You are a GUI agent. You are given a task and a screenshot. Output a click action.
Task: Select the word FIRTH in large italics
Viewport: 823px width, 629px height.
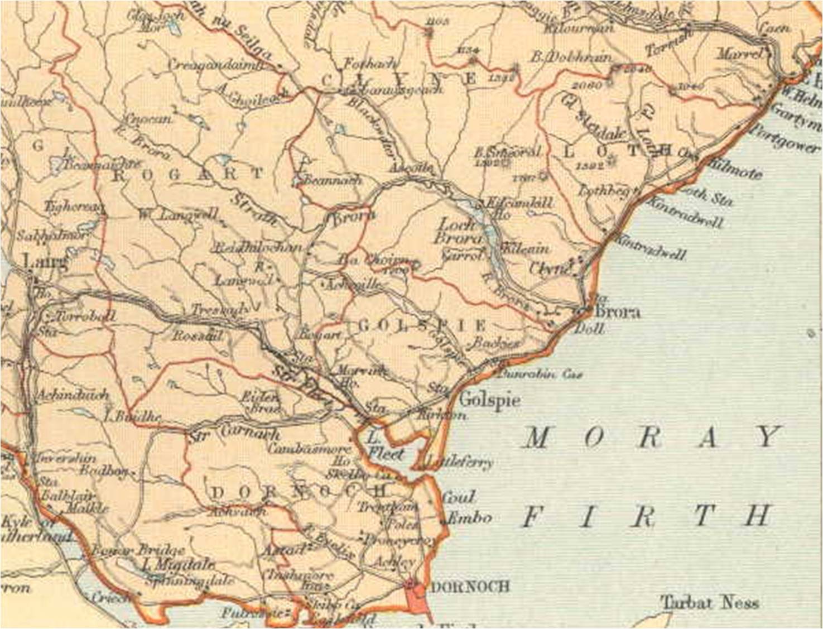coord(647,516)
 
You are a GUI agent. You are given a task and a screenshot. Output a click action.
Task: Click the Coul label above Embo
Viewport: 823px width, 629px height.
coord(459,497)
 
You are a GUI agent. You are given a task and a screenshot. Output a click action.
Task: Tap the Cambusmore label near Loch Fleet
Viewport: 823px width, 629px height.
coord(309,448)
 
